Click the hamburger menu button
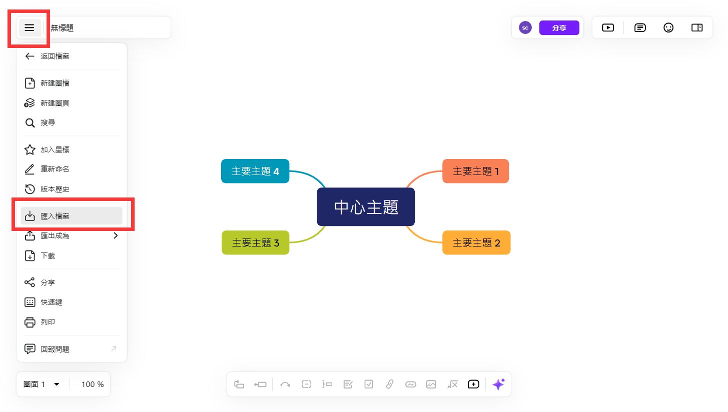click(x=30, y=27)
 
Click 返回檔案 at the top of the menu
click(x=55, y=56)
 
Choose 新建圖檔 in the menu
click(x=55, y=83)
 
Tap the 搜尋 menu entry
click(x=48, y=122)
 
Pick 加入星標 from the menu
click(x=55, y=149)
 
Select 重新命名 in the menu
click(x=55, y=169)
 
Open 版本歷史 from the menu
click(x=55, y=189)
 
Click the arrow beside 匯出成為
click(x=116, y=235)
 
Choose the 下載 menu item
click(x=48, y=255)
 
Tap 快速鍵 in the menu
click(x=51, y=302)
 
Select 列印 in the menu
click(x=48, y=322)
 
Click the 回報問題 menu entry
click(x=55, y=349)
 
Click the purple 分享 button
click(x=559, y=28)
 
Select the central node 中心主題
click(x=366, y=207)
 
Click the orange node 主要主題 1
click(x=475, y=171)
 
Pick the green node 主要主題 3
click(x=255, y=243)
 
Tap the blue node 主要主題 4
click(x=255, y=171)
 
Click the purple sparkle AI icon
click(x=498, y=384)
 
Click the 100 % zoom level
click(x=93, y=384)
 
